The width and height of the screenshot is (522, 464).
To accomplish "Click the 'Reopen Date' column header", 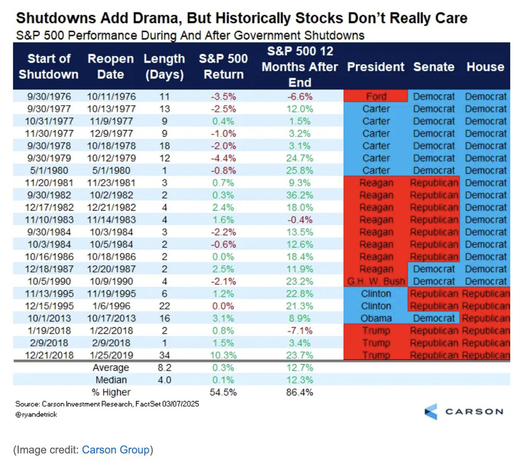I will tap(110, 66).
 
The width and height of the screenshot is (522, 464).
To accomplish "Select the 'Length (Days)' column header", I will tap(164, 66).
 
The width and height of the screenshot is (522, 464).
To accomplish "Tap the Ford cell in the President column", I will tap(376, 96).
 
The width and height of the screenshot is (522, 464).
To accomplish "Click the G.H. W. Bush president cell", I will tap(376, 281).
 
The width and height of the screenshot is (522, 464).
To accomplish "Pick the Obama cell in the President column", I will tap(376, 318).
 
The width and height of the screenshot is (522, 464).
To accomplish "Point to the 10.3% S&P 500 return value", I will tap(223, 355).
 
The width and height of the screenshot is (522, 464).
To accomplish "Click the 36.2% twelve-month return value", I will tap(299, 195).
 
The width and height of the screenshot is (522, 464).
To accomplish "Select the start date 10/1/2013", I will tap(49, 318).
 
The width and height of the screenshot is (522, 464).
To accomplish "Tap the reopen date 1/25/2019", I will tap(111, 355).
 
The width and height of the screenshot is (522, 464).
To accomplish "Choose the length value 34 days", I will tap(164, 355).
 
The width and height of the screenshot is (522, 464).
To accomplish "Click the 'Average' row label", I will tap(111, 368).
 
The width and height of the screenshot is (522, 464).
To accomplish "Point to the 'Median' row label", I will tap(111, 380).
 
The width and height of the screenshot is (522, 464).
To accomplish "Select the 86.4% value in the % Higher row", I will tap(299, 392).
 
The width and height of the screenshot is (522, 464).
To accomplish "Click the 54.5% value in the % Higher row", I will tap(223, 392).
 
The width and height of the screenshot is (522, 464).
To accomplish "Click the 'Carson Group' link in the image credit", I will tap(116, 449).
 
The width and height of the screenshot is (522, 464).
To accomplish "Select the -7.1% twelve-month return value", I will tap(300, 330).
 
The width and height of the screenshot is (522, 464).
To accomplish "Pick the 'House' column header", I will tap(485, 66).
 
